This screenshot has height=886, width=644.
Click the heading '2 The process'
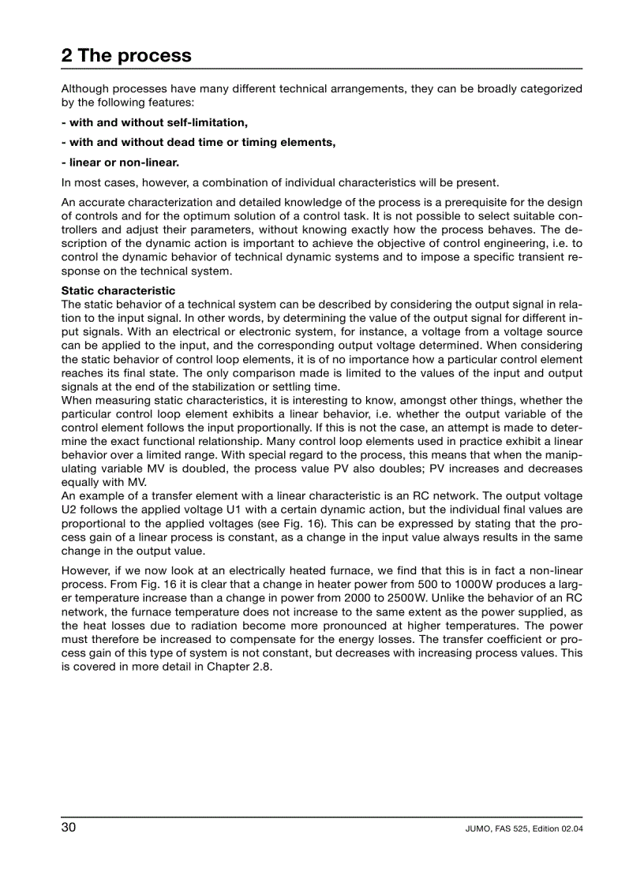126,56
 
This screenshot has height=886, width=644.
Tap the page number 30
69,827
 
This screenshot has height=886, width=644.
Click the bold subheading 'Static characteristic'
118,291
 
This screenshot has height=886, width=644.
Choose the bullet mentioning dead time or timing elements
198,142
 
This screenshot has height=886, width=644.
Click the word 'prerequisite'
445,201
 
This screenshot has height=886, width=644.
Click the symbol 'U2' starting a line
69,509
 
